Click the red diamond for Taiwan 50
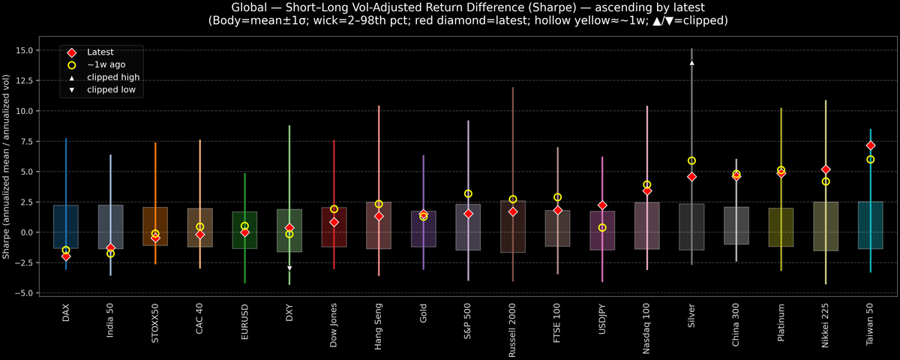[871, 145]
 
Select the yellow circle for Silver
[691, 160]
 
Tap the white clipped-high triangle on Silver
[691, 63]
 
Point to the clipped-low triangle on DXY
[289, 268]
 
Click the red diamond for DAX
[66, 256]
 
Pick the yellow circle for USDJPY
[602, 227]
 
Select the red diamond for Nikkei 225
[826, 169]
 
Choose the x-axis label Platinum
[781, 322]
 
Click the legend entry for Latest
[98, 52]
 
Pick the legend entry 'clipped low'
[111, 90]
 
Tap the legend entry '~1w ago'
[106, 64]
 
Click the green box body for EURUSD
[244, 229]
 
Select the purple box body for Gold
[424, 229]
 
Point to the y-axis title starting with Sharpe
[7, 166]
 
